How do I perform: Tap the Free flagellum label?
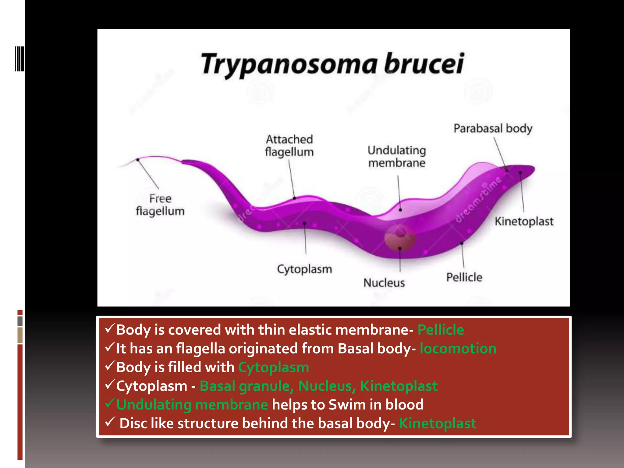[160, 205]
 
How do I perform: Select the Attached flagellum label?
[289, 146]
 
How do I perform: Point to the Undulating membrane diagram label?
[397, 157]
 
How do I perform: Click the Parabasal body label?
[493, 128]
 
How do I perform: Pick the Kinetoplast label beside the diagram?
[524, 221]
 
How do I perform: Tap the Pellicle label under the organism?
[464, 277]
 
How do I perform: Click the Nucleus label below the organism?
[384, 283]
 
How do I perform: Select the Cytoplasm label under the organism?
[304, 269]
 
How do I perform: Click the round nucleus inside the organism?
[399, 238]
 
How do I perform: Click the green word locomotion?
[458, 348]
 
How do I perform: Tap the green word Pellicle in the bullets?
[441, 330]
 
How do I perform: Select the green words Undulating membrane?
[192, 405]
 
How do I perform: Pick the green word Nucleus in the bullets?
[325, 386]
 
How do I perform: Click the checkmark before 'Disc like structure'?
[109, 422]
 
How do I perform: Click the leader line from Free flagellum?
[148, 174]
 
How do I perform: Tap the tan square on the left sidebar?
[20, 335]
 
